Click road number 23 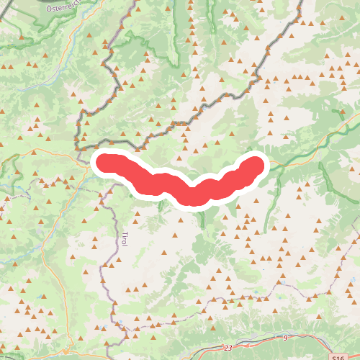228,348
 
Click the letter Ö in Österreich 49,9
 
